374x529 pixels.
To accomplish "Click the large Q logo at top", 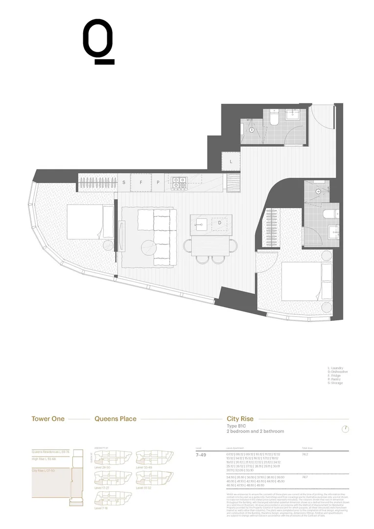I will pos(98,42).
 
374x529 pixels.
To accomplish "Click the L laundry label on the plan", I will pos(231,160).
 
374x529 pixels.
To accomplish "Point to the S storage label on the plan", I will pos(123,182).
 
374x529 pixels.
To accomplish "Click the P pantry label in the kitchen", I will pos(158,182).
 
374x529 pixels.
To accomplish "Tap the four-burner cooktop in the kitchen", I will pos(178,182).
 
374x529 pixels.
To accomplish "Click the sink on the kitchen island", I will pos(201,224).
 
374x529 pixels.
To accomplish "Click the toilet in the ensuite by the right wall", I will pos(331,214).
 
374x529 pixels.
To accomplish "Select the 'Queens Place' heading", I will pos(115,419).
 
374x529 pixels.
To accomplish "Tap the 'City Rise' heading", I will pos(240,419).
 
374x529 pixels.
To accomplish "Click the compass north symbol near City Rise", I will pos(346,429).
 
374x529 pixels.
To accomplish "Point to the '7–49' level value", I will pos(202,455).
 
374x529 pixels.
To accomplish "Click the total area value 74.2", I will pos(305,455).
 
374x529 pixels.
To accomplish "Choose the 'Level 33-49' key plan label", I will pos(144,467).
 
